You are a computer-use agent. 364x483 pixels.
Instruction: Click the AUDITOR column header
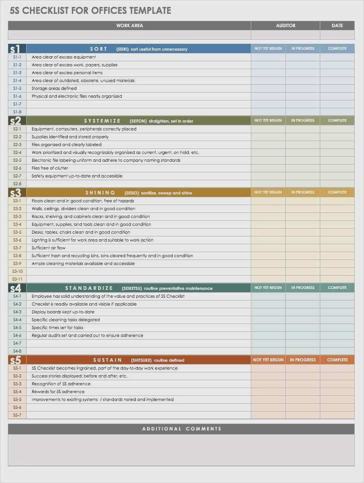[x=285, y=26]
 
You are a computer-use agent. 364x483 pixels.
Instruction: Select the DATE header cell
[x=337, y=26]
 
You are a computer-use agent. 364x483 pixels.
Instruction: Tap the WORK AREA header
[x=129, y=26]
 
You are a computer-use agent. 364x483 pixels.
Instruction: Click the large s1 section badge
[x=15, y=49]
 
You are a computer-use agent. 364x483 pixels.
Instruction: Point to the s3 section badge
[x=15, y=193]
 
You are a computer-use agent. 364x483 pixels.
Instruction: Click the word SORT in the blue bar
[x=98, y=49]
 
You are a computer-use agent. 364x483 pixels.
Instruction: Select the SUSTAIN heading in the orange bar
[x=108, y=360]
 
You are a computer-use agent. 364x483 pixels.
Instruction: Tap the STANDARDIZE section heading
[x=89, y=288]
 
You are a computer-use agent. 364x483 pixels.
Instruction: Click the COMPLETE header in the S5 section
[x=337, y=360]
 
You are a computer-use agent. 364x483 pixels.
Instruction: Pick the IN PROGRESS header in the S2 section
[x=303, y=121]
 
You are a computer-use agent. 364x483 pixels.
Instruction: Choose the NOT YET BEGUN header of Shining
[x=268, y=193]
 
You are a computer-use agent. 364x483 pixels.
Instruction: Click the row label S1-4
[x=17, y=81]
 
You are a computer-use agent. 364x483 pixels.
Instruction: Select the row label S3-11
[x=17, y=279]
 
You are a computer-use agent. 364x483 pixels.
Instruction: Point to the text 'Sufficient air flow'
[x=48, y=248]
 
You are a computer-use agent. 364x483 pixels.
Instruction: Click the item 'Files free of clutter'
[x=50, y=168]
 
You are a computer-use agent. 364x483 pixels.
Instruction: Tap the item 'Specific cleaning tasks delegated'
[x=65, y=320]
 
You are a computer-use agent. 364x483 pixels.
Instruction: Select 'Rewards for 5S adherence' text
[x=58, y=392]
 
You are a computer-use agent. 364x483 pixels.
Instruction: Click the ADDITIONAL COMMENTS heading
[x=181, y=429]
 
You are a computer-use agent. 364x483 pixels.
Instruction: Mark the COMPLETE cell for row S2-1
[x=337, y=129]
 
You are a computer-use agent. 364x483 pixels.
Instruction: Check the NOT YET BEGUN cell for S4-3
[x=268, y=312]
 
